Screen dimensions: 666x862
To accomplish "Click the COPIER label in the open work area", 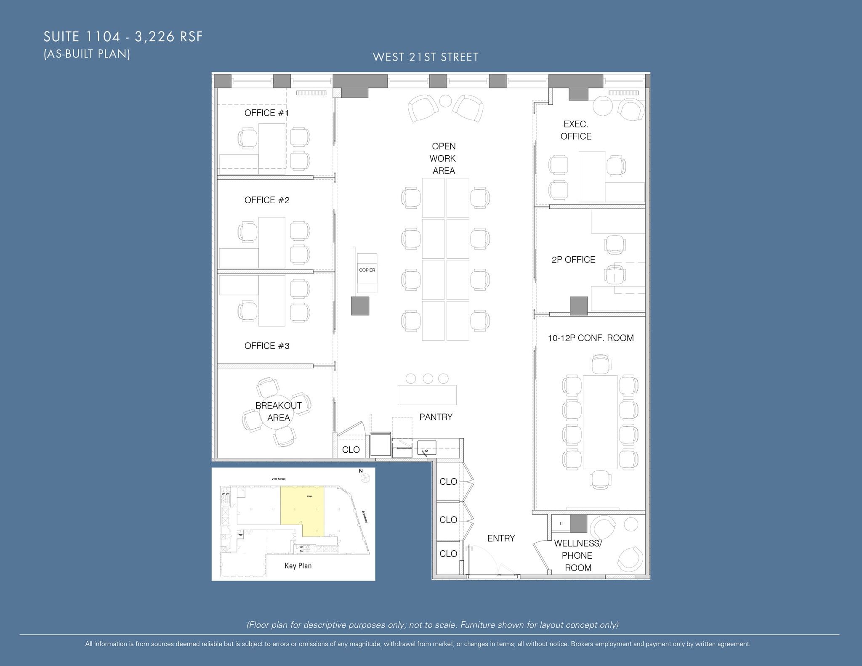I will coord(367,270).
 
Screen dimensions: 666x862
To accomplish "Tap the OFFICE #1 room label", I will coord(266,113).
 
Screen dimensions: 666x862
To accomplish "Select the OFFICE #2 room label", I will coord(266,200).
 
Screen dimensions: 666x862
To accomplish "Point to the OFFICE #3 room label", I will coord(266,346).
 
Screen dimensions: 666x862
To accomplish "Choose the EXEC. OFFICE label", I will coord(575,130).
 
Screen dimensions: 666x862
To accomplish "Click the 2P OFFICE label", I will coord(573,260).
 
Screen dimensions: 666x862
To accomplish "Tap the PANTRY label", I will coord(436,417).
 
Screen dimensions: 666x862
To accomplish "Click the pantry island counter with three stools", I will coord(427,395).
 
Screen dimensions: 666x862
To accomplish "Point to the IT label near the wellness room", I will coord(561,523).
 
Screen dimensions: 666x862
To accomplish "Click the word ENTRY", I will coord(501,538).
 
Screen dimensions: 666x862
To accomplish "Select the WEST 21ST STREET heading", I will coord(426,57).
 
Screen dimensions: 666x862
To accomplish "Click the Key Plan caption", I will coord(298,565).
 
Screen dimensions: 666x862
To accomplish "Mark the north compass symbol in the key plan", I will coord(365,478).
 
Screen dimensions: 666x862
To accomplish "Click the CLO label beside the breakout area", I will coord(351,450).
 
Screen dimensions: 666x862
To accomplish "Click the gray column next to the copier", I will coord(360,306).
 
